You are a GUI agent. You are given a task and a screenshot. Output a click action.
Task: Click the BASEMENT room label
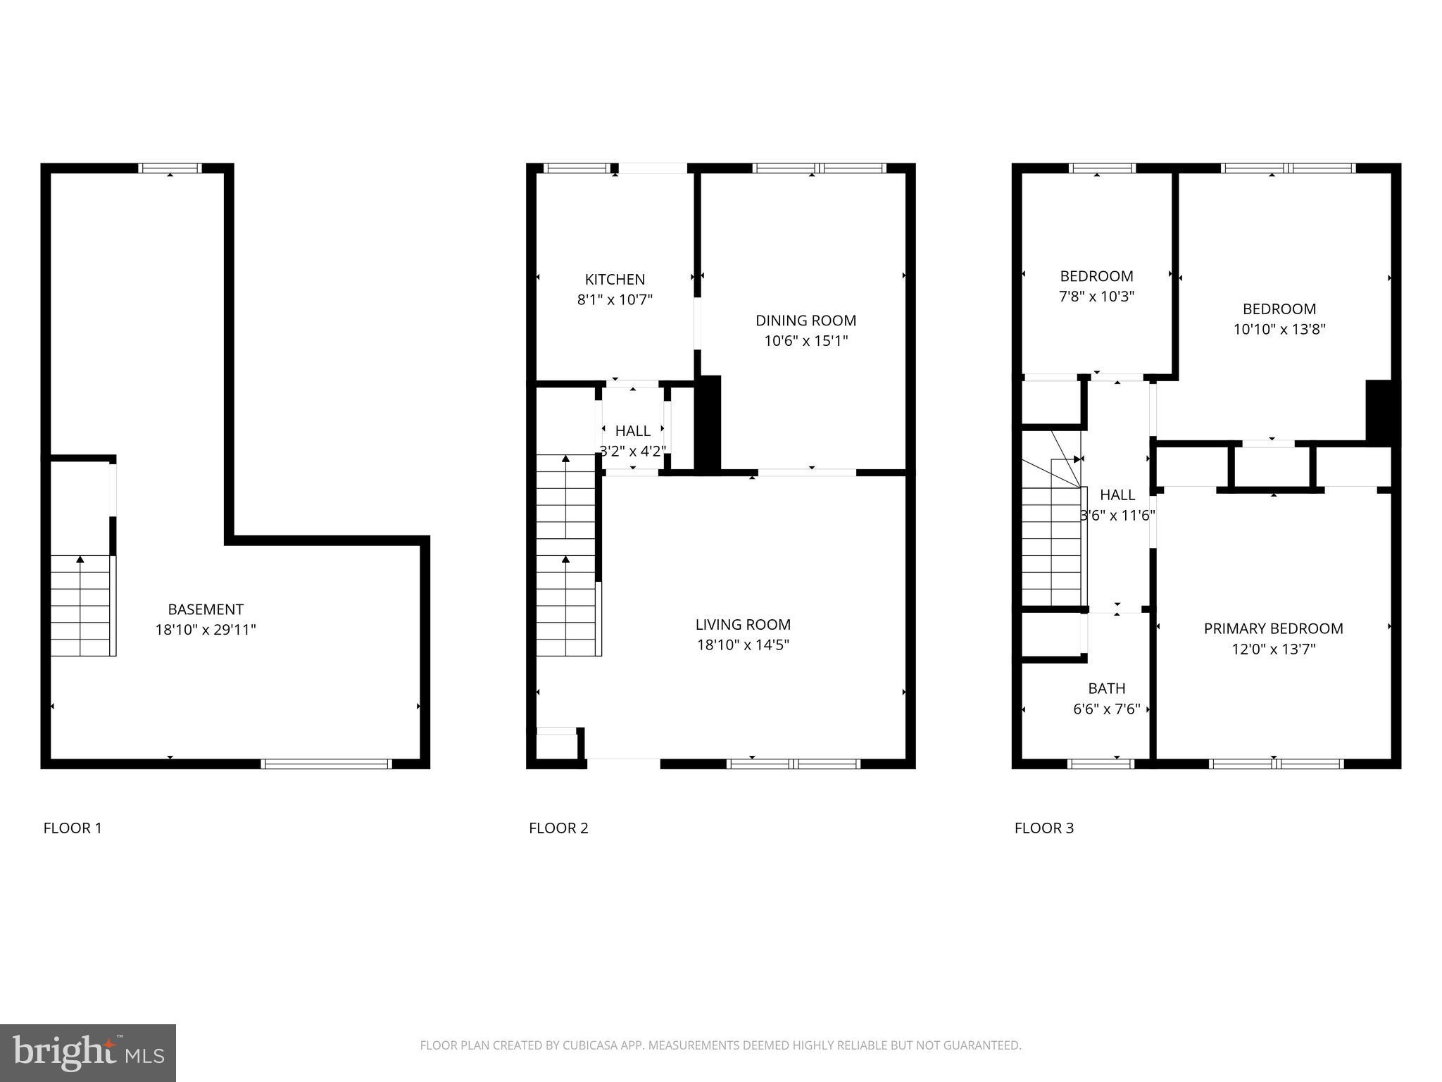[206, 609]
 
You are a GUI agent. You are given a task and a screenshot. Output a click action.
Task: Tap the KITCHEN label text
[615, 279]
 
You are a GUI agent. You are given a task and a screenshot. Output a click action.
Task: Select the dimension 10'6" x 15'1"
[805, 341]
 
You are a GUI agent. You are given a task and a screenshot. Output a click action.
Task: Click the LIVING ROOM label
[743, 624]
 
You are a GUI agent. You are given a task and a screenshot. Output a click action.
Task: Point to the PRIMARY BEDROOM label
[1273, 628]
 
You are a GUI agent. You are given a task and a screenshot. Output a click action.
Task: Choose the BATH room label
[1106, 688]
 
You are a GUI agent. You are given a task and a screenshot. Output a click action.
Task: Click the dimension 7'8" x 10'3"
[1096, 297]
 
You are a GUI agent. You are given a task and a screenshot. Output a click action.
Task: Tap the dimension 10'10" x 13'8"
[1279, 329]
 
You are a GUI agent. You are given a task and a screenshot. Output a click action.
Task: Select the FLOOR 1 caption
[73, 828]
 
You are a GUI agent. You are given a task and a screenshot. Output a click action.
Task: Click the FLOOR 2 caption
[558, 828]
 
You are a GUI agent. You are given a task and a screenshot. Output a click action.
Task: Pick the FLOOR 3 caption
[1043, 828]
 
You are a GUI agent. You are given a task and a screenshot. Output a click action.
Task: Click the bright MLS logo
[88, 1052]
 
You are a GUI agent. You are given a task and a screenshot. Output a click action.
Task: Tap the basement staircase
[81, 606]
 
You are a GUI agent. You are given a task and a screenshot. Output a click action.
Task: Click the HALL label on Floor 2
[632, 431]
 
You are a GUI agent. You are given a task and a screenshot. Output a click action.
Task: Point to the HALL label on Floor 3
[1117, 495]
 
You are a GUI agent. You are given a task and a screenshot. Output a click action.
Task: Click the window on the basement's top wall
[170, 168]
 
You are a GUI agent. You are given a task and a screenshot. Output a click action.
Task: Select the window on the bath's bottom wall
[1101, 764]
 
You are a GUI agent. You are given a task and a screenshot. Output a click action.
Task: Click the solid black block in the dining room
[709, 423]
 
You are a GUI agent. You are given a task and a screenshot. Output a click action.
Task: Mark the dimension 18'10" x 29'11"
[206, 630]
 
